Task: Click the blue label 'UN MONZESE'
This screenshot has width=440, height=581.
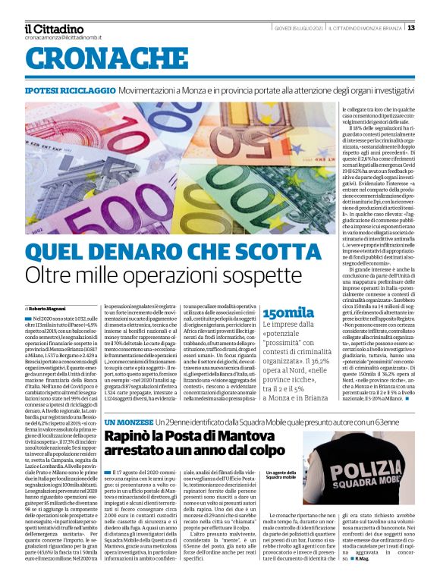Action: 128,422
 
